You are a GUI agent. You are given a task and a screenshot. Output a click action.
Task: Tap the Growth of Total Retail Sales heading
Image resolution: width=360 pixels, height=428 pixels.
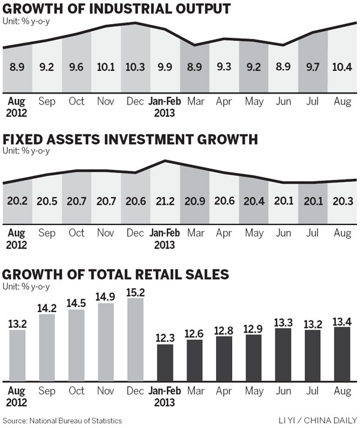tap(115, 274)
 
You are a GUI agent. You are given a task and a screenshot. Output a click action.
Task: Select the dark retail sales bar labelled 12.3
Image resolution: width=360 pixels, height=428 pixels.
tap(165, 363)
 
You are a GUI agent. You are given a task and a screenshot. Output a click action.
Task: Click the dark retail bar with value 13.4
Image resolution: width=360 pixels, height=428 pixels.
tap(341, 354)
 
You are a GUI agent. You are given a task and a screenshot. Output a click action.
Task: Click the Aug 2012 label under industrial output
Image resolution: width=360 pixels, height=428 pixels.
tap(17, 106)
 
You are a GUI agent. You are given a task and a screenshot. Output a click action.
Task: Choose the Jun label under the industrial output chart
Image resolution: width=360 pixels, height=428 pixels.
tap(283, 101)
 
